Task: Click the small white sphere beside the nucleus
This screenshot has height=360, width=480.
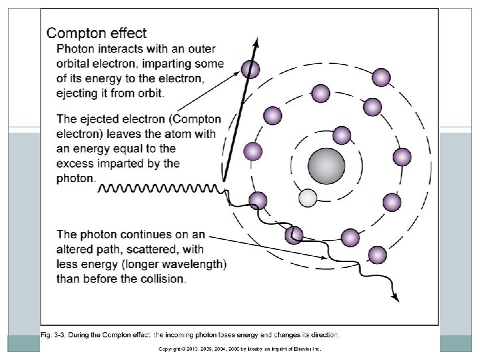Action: (307, 198)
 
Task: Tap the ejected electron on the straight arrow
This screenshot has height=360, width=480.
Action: (251, 68)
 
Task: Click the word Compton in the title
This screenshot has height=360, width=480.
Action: (75, 33)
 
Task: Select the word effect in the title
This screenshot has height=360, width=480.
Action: (128, 33)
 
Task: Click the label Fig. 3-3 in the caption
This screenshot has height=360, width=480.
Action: (56, 334)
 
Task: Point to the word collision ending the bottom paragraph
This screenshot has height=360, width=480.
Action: (162, 278)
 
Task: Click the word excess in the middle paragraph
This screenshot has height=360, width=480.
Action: (77, 163)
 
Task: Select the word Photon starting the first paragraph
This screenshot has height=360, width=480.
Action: (75, 49)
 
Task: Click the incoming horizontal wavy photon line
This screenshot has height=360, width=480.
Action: (160, 189)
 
